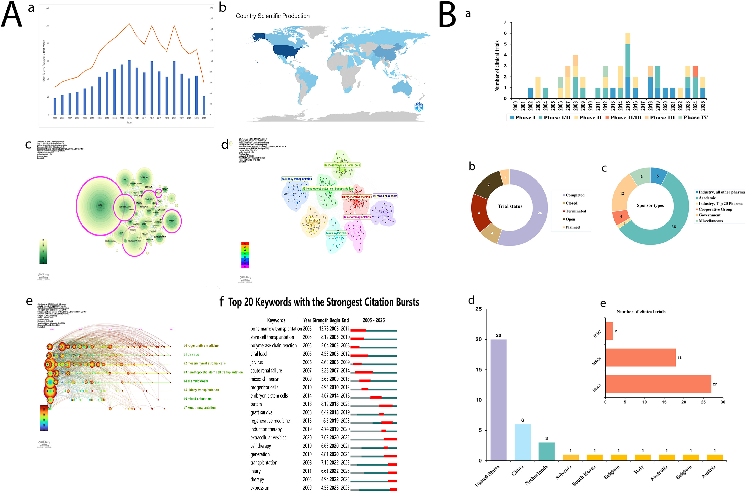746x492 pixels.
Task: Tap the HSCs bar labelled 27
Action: tap(658, 384)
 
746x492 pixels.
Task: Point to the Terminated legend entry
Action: tap(576, 211)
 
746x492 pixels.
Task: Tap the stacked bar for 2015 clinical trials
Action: tap(628, 66)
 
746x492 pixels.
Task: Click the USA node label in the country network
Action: tap(100, 206)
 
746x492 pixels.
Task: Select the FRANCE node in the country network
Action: tap(172, 221)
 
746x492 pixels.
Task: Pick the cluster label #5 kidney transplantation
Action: tap(297, 179)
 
